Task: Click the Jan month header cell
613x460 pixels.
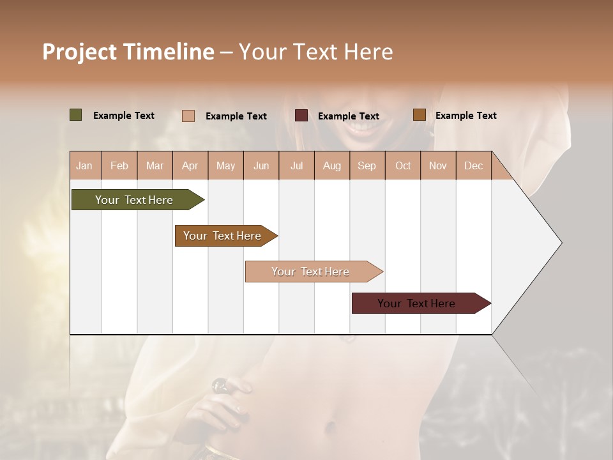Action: click(x=85, y=165)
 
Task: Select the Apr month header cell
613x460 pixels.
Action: click(x=190, y=165)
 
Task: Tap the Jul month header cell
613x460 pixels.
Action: click(x=296, y=165)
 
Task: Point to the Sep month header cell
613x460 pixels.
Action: click(x=367, y=165)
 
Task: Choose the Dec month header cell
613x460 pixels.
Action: click(x=473, y=165)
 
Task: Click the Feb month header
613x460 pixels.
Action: click(x=119, y=165)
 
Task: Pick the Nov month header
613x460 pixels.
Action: click(x=437, y=165)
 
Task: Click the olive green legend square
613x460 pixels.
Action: click(x=75, y=115)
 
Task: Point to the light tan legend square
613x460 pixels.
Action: click(x=188, y=116)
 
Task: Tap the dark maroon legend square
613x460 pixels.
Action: click(x=301, y=116)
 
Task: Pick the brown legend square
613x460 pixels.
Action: click(x=419, y=115)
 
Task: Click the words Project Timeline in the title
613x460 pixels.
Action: click(x=128, y=52)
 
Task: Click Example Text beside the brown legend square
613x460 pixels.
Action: click(x=465, y=116)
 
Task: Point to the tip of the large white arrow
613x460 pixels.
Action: click(x=560, y=243)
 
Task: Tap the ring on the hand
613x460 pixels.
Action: click(x=220, y=385)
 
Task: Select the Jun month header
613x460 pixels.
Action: click(x=261, y=165)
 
